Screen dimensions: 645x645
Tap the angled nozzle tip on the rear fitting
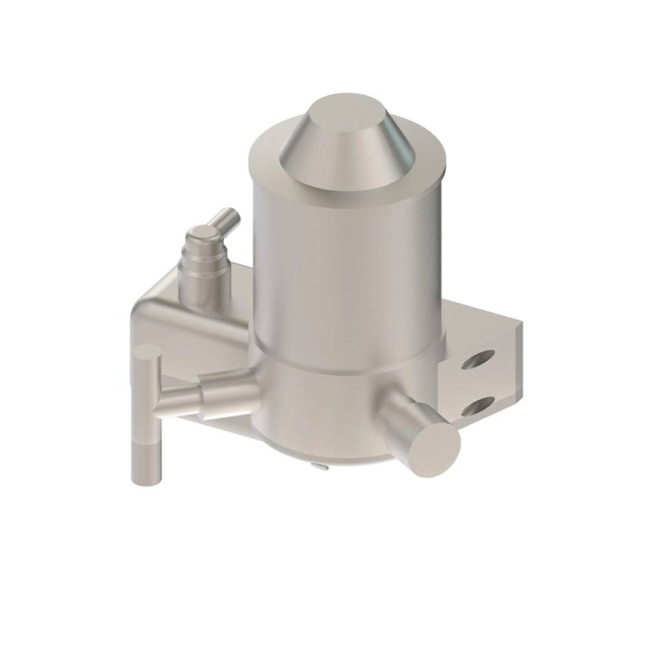pyautogui.click(x=227, y=219)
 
